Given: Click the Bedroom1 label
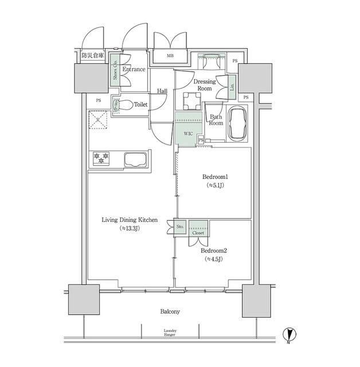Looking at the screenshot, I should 213,177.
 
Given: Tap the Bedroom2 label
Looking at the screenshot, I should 213,251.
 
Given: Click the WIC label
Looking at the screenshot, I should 188,134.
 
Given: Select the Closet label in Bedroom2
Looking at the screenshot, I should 198,233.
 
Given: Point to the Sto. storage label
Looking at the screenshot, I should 179,227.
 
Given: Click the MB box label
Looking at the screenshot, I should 170,56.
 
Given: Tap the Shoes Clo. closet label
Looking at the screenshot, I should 115,71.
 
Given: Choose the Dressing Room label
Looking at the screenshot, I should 205,85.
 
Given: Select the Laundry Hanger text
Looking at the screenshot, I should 170,333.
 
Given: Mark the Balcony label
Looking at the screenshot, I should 170,312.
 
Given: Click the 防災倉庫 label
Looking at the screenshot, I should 92,56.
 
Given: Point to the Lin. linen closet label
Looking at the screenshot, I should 232,87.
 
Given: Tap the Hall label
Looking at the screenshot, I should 162,91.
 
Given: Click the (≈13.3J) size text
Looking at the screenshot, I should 130,228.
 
